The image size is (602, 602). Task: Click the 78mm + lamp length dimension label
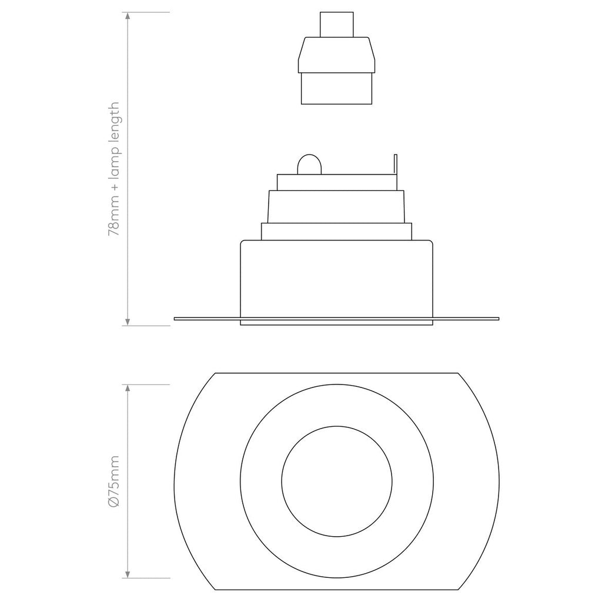pos(114,169)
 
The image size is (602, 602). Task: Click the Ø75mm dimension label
pos(114,481)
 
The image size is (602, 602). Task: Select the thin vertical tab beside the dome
pos(395,164)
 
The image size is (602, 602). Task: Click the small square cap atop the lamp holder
pos(337,24)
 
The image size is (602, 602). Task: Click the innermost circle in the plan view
pos(337,481)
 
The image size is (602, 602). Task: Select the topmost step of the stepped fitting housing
pos(337,182)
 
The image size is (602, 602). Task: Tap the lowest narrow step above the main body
pos(337,231)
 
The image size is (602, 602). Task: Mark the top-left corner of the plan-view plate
pos(216,374)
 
